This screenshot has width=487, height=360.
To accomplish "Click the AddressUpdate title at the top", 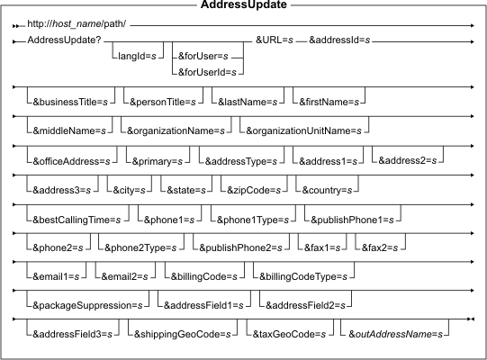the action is [x=243, y=4].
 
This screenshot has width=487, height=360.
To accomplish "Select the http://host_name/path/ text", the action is [x=77, y=24].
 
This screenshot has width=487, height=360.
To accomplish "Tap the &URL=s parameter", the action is [x=275, y=40].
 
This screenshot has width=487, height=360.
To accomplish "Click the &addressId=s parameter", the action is [x=339, y=40].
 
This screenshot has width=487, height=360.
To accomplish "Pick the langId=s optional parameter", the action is [x=137, y=56].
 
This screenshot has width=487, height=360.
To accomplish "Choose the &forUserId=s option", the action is [x=207, y=72].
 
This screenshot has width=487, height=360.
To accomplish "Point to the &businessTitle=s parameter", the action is [x=70, y=103].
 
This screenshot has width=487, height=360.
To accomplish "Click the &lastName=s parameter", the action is [x=248, y=103].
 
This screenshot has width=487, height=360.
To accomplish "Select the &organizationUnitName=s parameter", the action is [x=303, y=130].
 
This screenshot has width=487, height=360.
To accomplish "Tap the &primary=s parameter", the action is [x=158, y=161].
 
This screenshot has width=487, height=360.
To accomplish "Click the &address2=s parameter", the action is [x=408, y=160].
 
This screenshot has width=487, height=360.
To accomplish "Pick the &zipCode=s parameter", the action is [x=254, y=190].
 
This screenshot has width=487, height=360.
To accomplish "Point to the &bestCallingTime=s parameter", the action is [x=77, y=220].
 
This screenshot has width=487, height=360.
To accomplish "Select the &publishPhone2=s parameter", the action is [x=240, y=247].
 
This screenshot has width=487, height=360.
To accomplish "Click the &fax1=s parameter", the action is [x=322, y=247].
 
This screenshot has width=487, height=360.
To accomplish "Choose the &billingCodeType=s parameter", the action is [x=303, y=276].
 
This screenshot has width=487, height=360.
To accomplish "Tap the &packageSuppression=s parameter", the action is [x=87, y=305].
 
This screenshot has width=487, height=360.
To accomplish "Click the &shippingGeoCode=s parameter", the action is [x=183, y=334].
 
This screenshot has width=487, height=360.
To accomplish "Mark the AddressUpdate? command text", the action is [x=64, y=40].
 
